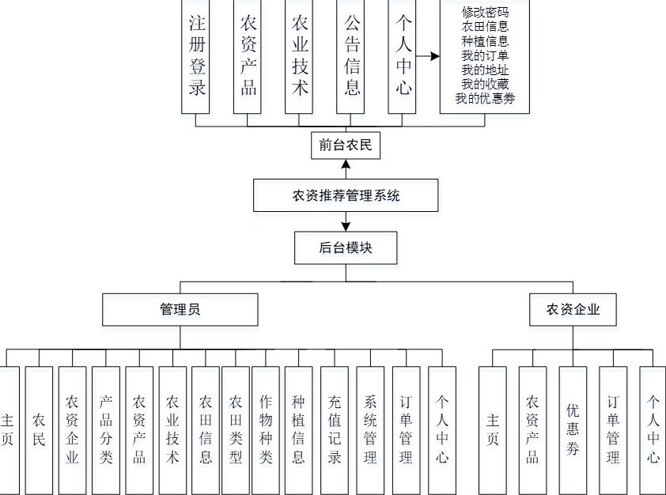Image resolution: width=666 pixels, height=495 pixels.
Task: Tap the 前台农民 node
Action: point(345,145)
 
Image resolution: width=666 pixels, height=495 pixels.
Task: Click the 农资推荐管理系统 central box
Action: point(346,195)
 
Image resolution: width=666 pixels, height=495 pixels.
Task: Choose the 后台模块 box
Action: point(346,247)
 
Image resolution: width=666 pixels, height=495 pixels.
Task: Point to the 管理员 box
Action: point(180,309)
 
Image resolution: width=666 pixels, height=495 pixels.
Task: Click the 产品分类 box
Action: point(106,429)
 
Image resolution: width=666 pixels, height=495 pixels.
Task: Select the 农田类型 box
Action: point(236,429)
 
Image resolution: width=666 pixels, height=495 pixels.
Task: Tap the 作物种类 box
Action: point(266,429)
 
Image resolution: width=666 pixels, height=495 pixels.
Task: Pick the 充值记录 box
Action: point(335,429)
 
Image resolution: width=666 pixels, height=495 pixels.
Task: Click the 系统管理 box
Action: point(370,429)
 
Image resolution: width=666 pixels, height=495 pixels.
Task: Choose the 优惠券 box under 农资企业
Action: point(573,429)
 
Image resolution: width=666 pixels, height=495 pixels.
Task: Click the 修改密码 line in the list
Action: point(485,13)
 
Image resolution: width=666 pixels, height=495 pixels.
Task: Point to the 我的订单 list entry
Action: point(485,55)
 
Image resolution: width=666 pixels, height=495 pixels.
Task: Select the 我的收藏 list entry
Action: point(485,84)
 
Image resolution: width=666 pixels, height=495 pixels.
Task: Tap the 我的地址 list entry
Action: point(485,70)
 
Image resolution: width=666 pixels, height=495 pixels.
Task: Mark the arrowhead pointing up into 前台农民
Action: point(346,164)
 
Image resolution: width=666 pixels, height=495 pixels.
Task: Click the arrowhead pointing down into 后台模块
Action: point(346,227)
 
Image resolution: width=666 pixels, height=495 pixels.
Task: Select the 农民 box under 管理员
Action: point(39,429)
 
